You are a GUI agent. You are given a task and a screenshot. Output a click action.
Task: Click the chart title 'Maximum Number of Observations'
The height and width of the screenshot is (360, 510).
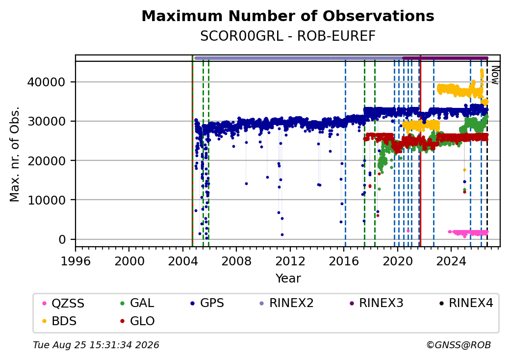click(x=288, y=16)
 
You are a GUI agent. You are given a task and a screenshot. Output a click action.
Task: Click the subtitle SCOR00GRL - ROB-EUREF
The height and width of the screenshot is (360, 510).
click(x=288, y=36)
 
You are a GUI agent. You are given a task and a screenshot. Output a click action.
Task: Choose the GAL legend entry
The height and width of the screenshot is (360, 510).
click(x=137, y=303)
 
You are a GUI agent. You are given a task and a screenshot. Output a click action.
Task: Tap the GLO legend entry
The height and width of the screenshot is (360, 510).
click(x=137, y=321)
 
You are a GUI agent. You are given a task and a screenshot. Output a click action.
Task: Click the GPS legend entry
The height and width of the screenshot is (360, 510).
click(x=207, y=303)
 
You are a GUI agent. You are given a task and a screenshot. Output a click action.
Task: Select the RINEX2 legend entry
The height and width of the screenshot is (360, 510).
click(x=286, y=303)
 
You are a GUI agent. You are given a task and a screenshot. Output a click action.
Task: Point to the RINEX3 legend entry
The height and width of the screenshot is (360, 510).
click(x=376, y=303)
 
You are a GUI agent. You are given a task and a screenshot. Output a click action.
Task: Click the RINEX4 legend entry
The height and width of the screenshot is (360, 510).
click(x=466, y=303)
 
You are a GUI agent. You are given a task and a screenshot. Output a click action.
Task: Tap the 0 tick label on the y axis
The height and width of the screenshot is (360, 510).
click(x=62, y=240)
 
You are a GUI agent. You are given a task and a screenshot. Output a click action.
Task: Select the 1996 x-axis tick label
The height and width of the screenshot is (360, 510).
click(x=76, y=261)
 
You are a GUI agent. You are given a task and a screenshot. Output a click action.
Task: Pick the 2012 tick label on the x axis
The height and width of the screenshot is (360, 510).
click(x=290, y=261)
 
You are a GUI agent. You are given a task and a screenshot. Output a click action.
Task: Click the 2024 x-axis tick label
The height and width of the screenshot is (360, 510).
click(x=451, y=261)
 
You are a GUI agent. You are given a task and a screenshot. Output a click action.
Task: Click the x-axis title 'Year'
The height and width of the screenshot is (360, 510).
click(x=288, y=279)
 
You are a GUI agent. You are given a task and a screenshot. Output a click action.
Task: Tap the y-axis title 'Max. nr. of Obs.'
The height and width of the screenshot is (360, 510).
click(x=15, y=154)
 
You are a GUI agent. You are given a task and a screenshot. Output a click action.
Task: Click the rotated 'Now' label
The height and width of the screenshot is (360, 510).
click(x=495, y=75)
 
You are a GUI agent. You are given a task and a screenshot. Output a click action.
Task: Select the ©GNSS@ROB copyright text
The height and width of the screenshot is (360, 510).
click(x=459, y=345)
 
